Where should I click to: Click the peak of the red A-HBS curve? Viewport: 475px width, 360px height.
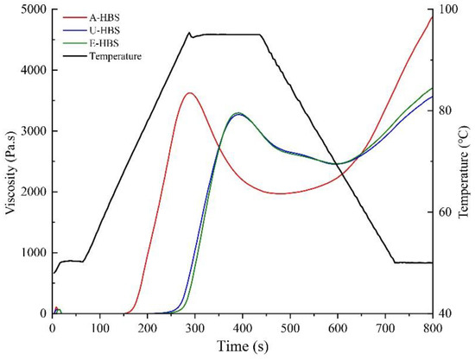pos(189,93)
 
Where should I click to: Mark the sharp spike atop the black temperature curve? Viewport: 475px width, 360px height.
pos(189,33)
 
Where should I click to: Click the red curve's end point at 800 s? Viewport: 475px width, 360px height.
pos(431,17)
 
